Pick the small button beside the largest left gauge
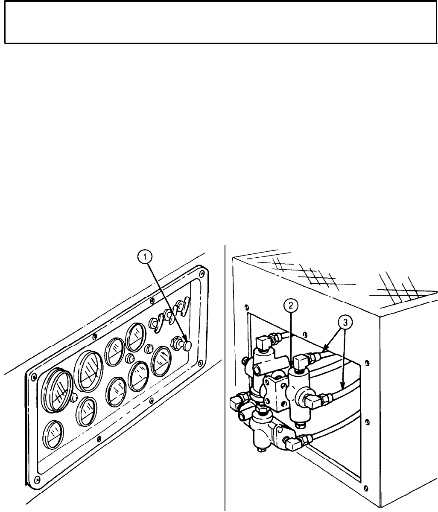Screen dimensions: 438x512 (74, 397)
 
